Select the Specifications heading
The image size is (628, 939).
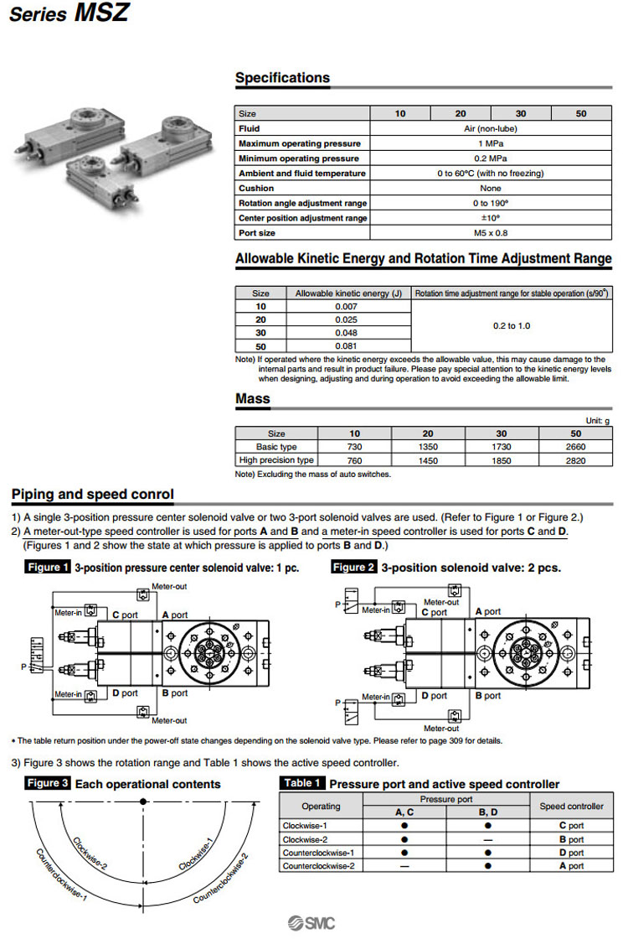coord(282,78)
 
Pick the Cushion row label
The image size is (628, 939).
coord(256,188)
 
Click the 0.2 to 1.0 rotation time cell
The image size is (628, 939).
coord(512,325)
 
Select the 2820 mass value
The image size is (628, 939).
coord(576,459)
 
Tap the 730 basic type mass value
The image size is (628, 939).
coord(354,447)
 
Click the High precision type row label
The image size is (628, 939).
coord(276,459)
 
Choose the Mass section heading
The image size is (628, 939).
coord(253,399)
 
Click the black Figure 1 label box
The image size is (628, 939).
coord(49,568)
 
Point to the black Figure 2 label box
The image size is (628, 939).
coord(354,568)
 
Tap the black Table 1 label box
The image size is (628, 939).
coord(302,784)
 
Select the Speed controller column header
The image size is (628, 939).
coord(572,807)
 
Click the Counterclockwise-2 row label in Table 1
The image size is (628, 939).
coord(318,865)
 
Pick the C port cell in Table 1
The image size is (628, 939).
coord(572,826)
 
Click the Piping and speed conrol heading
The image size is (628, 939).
coord(93,495)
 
